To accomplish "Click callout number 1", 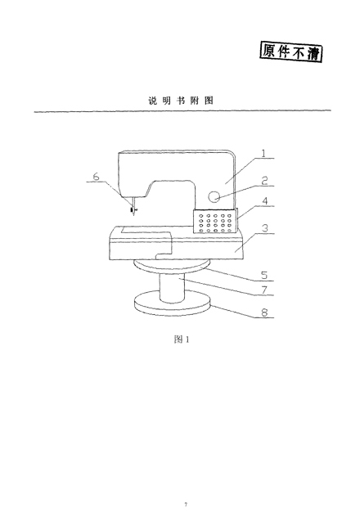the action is click(x=263, y=153).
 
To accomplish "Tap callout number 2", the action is click(x=264, y=181).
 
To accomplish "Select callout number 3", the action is click(x=265, y=228).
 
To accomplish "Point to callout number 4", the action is click(x=265, y=201).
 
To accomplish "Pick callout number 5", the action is click(x=264, y=276).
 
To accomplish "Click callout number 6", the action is click(x=96, y=177).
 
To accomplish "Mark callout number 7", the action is click(x=264, y=290).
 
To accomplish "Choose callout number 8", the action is click(x=264, y=312).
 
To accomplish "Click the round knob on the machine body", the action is click(x=214, y=196).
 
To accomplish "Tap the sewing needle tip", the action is click(x=133, y=216).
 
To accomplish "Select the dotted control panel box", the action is click(x=215, y=221).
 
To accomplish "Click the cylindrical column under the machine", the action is click(x=172, y=287).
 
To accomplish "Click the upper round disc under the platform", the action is click(x=172, y=266).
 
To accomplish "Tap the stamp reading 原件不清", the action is click(x=291, y=52).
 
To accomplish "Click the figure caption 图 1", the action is click(x=182, y=339).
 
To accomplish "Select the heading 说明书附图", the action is click(x=181, y=101).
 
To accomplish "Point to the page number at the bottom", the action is click(x=186, y=505).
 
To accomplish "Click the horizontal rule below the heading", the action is click(x=182, y=111).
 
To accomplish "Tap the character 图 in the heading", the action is click(x=209, y=101).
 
